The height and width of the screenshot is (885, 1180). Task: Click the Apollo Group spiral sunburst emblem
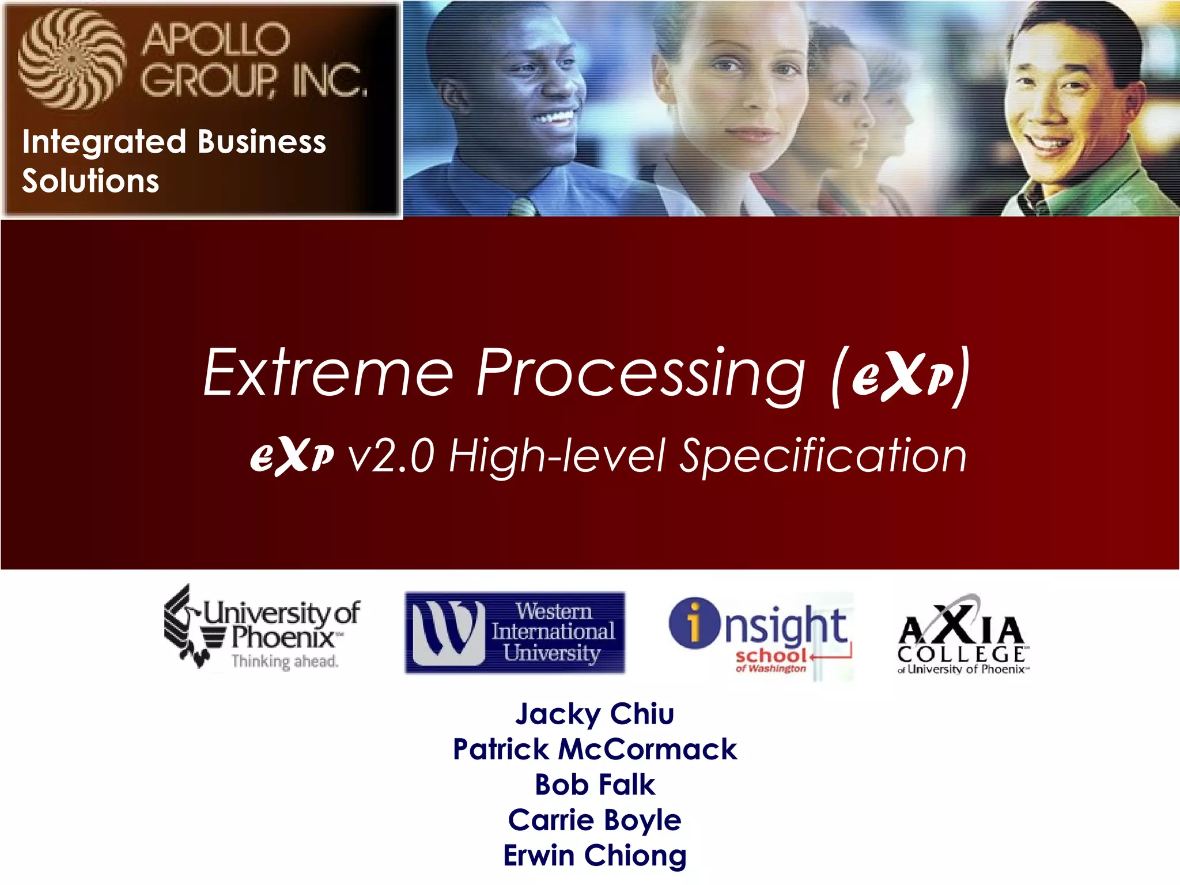pyautogui.click(x=72, y=59)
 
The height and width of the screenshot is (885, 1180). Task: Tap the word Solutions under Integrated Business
pyautogui.click(x=90, y=181)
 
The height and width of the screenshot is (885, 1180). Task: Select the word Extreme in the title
pyautogui.click(x=329, y=373)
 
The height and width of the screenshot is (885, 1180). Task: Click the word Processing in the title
pyautogui.click(x=640, y=375)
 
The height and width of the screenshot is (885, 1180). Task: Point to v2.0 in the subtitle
pyautogui.click(x=391, y=456)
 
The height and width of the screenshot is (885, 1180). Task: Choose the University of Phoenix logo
pyautogui.click(x=262, y=628)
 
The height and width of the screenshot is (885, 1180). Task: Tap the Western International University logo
pyautogui.click(x=515, y=632)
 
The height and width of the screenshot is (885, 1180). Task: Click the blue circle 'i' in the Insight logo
pyautogui.click(x=694, y=623)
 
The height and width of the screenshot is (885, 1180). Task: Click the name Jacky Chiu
pyautogui.click(x=595, y=714)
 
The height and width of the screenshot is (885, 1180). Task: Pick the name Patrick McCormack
pyautogui.click(x=595, y=750)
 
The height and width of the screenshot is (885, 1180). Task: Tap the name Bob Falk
pyautogui.click(x=595, y=785)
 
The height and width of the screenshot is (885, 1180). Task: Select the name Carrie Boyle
pyautogui.click(x=595, y=820)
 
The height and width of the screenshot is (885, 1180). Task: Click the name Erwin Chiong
pyautogui.click(x=595, y=855)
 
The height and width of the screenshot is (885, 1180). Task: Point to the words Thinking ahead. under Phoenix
pyautogui.click(x=285, y=661)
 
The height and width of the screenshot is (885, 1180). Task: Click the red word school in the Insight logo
pyautogui.click(x=771, y=656)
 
